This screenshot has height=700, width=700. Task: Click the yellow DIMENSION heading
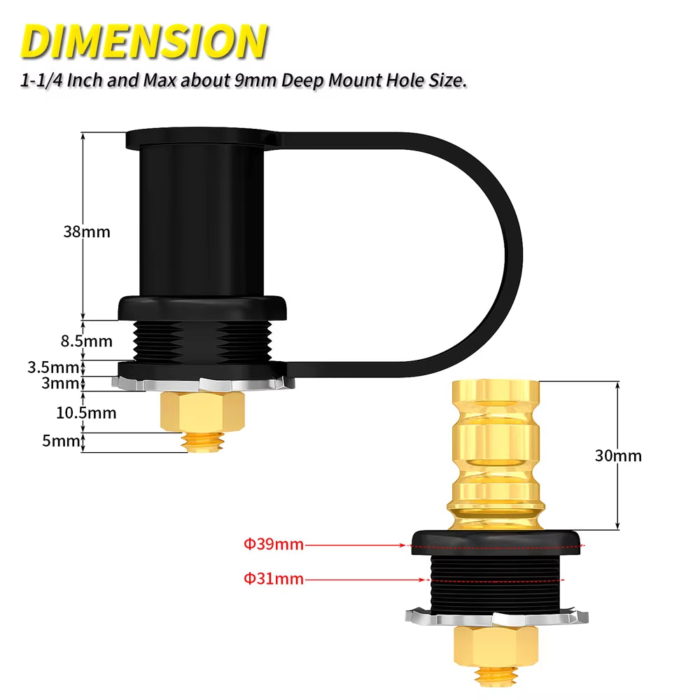pyautogui.click(x=144, y=41)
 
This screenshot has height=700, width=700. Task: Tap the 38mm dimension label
pyautogui.click(x=87, y=232)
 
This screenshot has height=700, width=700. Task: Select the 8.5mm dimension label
pyautogui.click(x=87, y=342)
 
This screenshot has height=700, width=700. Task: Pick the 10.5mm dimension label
pyautogui.click(x=86, y=412)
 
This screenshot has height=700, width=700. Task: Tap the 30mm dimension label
pyautogui.click(x=618, y=456)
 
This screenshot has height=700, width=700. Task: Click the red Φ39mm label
pyautogui.click(x=274, y=544)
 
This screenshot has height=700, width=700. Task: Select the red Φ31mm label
pyautogui.click(x=274, y=578)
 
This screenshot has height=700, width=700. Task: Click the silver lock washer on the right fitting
pyautogui.click(x=496, y=617)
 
